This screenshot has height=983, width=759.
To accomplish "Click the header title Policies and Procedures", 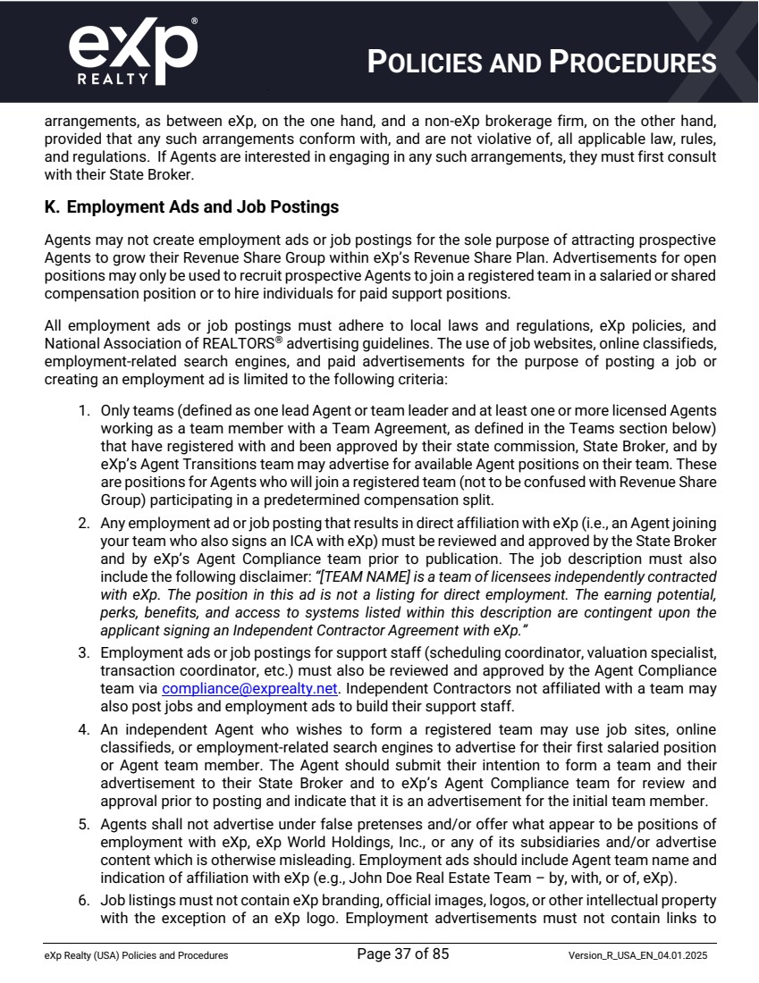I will tap(543, 63).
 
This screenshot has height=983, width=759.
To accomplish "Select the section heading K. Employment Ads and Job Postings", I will tap(191, 207).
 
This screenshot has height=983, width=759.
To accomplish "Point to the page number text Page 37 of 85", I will tap(402, 954).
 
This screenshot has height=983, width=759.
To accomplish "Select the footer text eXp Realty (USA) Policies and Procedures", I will tap(136, 956).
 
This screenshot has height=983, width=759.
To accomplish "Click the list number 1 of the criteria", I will tap(83, 411).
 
